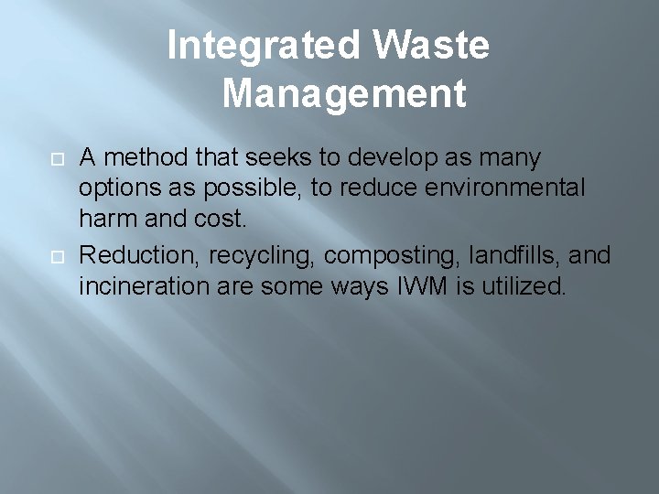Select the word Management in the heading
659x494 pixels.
click(343, 92)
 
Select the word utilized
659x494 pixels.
click(524, 287)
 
